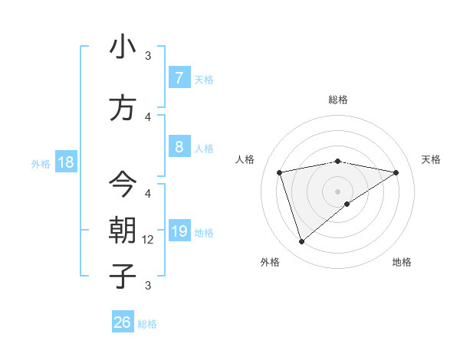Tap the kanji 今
123,184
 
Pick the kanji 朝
123,231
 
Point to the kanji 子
123,276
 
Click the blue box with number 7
179,77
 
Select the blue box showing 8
179,147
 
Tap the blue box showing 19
179,231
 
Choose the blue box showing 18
65,162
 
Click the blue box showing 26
123,322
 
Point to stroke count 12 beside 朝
149,239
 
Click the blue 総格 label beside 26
147,324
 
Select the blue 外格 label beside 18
41,163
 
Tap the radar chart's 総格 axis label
338,100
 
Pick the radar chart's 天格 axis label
432,159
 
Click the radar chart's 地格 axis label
402,262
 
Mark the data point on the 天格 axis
396,172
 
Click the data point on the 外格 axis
301,242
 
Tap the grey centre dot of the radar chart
338,191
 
